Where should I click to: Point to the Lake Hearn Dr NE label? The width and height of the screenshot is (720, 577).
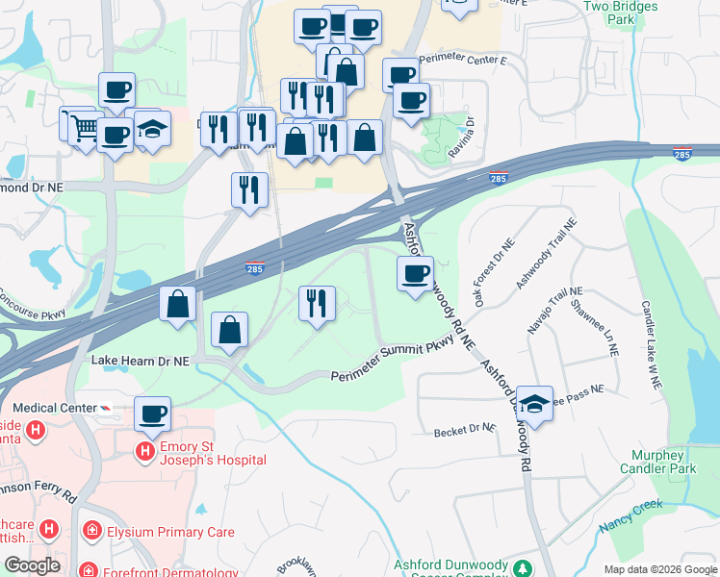click(x=140, y=360)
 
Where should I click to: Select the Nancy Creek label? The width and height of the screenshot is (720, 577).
click(x=631, y=517)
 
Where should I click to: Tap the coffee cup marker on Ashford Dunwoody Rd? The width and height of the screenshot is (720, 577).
click(x=415, y=273)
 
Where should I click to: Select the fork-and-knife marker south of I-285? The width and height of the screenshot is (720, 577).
click(x=317, y=303)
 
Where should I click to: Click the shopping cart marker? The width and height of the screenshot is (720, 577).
click(x=83, y=125)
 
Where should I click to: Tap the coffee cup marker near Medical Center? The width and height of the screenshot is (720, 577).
click(x=153, y=414)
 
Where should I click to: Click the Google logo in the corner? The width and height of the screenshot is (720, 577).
click(x=32, y=565)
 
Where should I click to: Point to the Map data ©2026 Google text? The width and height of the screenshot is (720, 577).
click(x=660, y=569)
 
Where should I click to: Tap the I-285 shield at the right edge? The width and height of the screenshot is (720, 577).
click(x=681, y=154)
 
